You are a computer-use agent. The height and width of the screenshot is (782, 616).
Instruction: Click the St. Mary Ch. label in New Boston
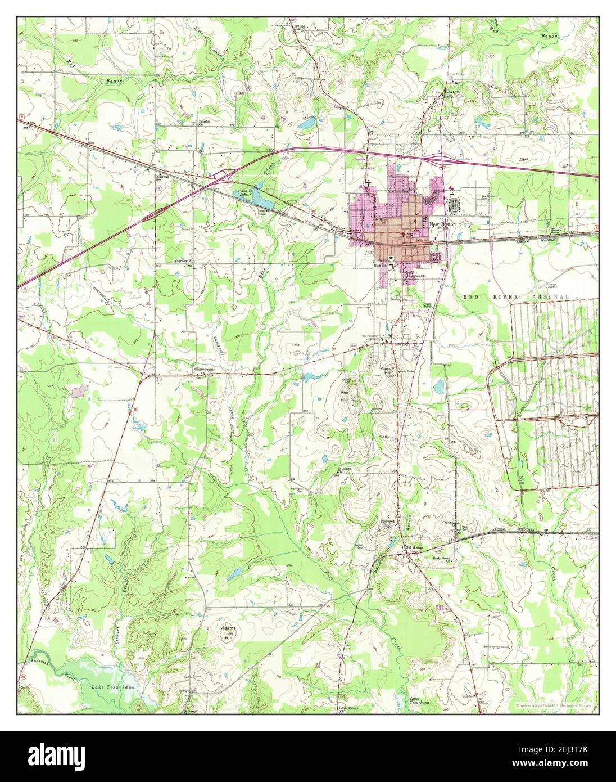pyautogui.click(x=381, y=221)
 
